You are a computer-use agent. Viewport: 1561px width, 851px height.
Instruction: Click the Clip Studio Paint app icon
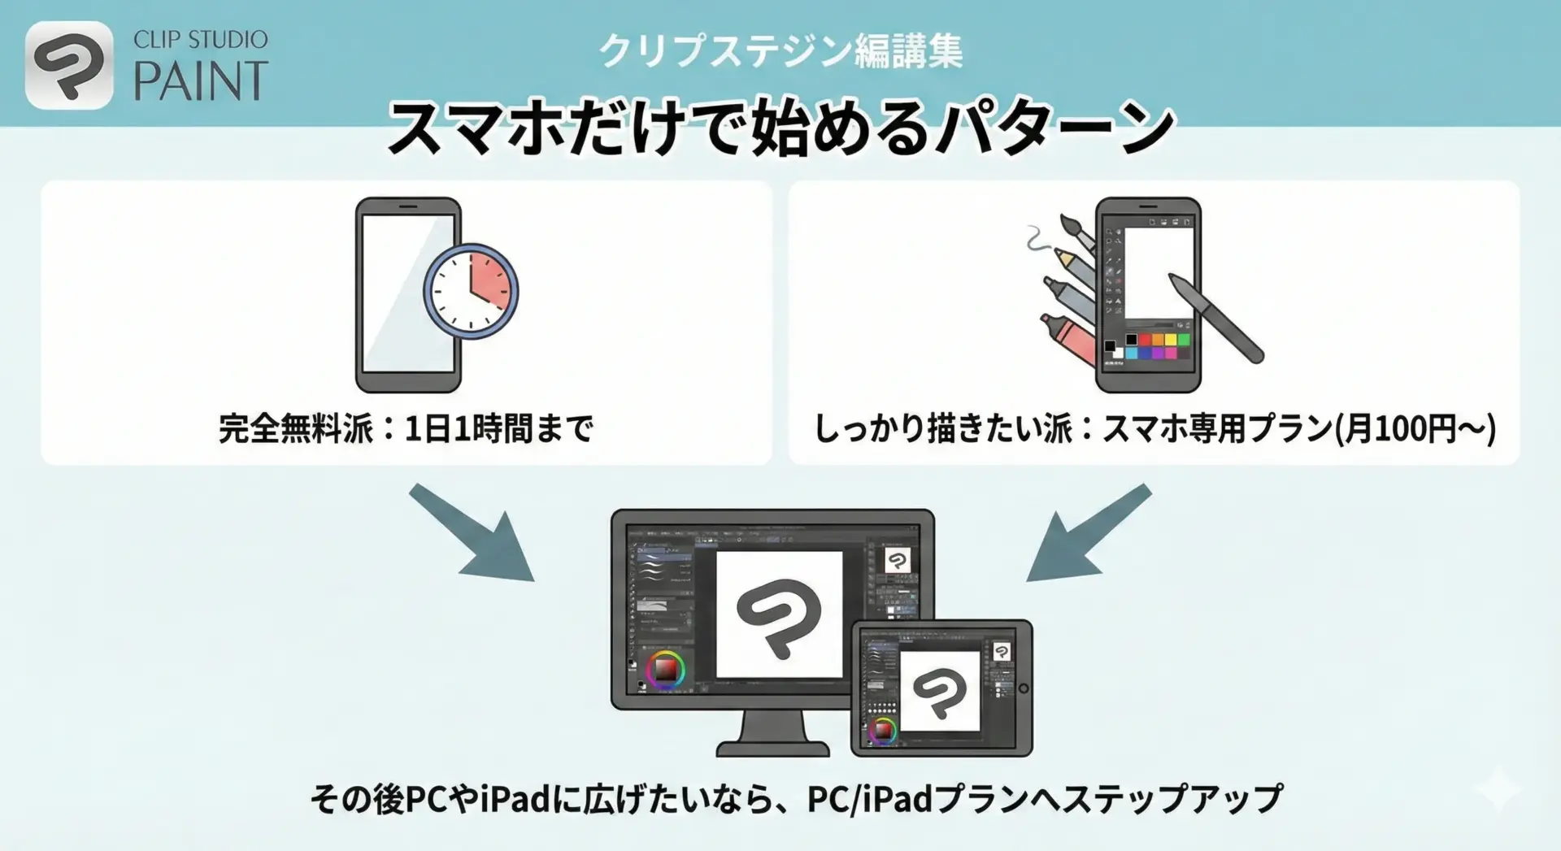[69, 65]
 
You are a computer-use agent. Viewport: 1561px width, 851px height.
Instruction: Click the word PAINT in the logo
[201, 81]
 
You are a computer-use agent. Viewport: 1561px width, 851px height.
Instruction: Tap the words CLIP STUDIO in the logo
[200, 40]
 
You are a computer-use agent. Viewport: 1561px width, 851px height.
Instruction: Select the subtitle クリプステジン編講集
[780, 50]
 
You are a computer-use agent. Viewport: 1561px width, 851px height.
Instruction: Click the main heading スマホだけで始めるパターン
[780, 128]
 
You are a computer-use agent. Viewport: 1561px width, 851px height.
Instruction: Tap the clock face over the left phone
[471, 291]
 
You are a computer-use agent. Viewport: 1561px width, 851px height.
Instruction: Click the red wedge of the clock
[490, 280]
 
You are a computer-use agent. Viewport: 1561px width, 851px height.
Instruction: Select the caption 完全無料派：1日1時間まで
[406, 428]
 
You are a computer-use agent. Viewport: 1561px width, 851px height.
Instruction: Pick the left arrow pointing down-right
[472, 532]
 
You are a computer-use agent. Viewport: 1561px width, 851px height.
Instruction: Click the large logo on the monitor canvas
[779, 616]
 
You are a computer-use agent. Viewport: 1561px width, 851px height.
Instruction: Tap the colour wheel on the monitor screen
[666, 670]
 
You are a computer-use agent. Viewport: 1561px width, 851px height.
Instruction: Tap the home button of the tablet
[1024, 688]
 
